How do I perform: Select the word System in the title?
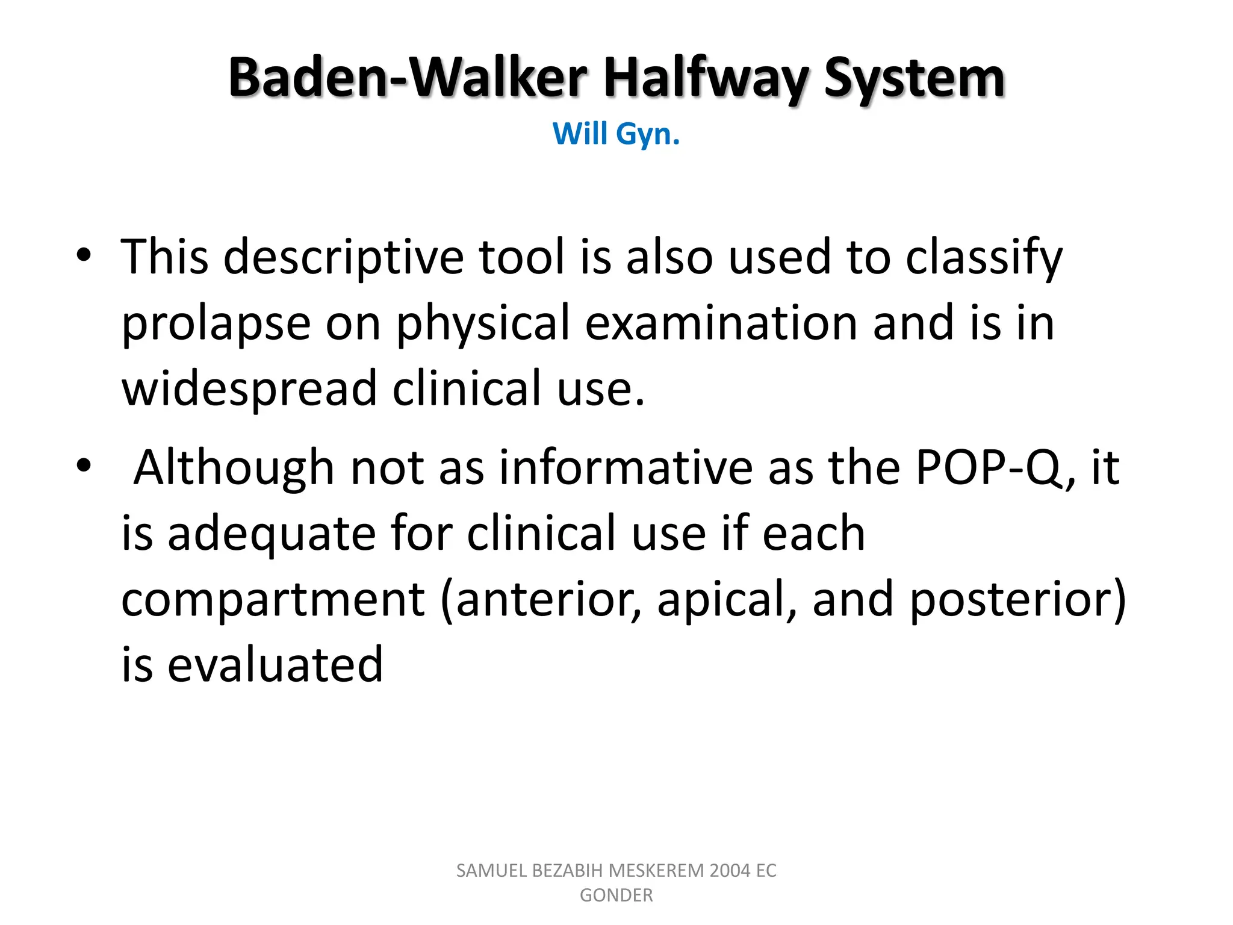pyautogui.click(x=914, y=78)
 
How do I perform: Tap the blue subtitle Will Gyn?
pyautogui.click(x=616, y=134)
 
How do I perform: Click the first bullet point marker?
pyautogui.click(x=84, y=256)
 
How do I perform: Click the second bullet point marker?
pyautogui.click(x=84, y=466)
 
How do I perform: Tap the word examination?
pyautogui.click(x=721, y=323)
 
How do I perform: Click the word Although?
pyautogui.click(x=234, y=469)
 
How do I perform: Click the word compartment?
pyautogui.click(x=273, y=601)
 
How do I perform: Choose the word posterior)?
pyautogui.click(x=1017, y=601)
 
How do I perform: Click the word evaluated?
pyautogui.click(x=275, y=665)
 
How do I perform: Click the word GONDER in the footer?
pyautogui.click(x=616, y=895)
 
